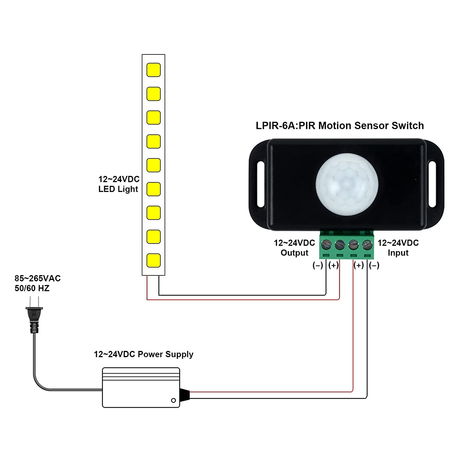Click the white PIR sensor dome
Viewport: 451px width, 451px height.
[347, 184]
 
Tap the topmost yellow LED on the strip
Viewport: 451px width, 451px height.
[153, 70]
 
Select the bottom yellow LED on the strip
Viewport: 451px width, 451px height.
[153, 260]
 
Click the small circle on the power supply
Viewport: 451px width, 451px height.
[173, 400]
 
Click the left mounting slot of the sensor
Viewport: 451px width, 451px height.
[260, 184]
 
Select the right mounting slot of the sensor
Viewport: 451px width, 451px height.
[432, 184]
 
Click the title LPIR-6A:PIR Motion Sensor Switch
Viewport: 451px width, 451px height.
[340, 126]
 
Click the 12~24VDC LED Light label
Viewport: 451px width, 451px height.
[119, 184]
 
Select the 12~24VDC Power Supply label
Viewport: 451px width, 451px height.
[143, 354]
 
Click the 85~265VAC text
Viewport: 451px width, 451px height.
[38, 278]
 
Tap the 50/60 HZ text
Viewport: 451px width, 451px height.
[32, 288]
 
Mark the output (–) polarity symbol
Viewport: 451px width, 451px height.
[318, 265]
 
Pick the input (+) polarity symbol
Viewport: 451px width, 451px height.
[359, 265]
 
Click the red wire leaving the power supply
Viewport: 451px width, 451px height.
[271, 392]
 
